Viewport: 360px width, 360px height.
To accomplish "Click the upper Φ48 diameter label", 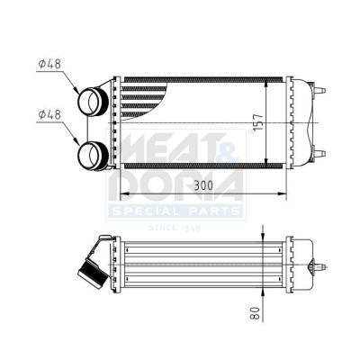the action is click(x=49, y=64).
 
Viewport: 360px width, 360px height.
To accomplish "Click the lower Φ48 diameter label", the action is click(x=49, y=114).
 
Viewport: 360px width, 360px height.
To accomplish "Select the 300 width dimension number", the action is click(x=203, y=185).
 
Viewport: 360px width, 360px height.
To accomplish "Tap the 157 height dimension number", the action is click(x=259, y=122).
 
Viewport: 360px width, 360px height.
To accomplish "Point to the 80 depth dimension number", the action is click(x=255, y=313).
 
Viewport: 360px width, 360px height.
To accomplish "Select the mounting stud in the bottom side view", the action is click(x=318, y=266).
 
